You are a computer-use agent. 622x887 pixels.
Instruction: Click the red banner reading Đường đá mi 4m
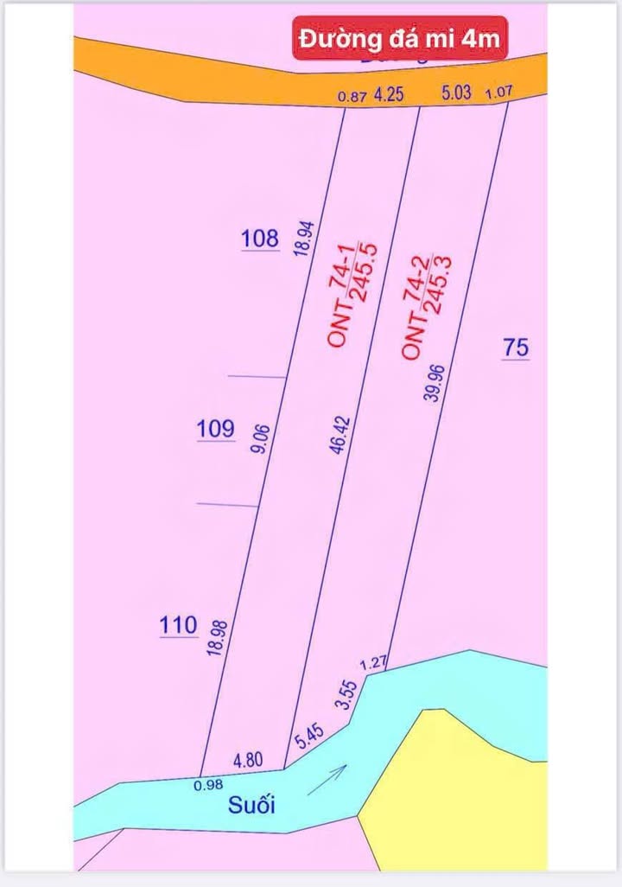pyautogui.click(x=398, y=39)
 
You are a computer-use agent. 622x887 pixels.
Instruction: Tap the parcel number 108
pyautogui.click(x=261, y=238)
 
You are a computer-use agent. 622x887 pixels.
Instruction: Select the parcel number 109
pyautogui.click(x=215, y=428)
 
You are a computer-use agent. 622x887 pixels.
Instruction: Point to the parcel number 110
pyautogui.click(x=178, y=624)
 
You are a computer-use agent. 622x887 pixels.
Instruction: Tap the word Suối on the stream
pyautogui.click(x=251, y=806)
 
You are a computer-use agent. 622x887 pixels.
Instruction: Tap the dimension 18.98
pyautogui.click(x=217, y=635)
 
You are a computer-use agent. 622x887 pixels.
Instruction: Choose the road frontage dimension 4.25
pyautogui.click(x=389, y=95)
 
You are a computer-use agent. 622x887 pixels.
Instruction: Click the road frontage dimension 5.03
pyautogui.click(x=456, y=93)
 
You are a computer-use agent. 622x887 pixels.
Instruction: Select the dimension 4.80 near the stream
pyautogui.click(x=249, y=761)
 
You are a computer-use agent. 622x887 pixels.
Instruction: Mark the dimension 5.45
pyautogui.click(x=308, y=737)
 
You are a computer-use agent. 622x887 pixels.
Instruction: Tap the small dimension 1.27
pyautogui.click(x=373, y=664)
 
